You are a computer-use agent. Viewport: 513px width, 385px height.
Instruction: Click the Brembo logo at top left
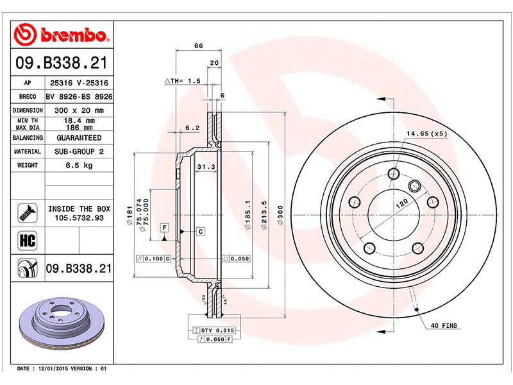coord(61,35)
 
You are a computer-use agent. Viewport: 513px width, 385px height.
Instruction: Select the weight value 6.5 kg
coord(79,166)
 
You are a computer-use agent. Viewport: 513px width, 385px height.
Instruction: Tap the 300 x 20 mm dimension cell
coord(79,110)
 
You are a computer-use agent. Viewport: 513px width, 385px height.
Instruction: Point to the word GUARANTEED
coord(79,138)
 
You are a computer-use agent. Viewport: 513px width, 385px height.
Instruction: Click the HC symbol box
coord(28,240)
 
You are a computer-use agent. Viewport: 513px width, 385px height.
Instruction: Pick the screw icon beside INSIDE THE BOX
coord(28,213)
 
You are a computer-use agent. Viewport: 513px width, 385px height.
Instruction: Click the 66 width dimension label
coord(199,46)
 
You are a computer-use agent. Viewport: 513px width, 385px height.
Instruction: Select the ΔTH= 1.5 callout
coord(183,81)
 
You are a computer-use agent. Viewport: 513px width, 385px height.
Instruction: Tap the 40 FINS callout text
coord(444,325)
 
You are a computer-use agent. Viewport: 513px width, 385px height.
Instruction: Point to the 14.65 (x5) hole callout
coord(427,133)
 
